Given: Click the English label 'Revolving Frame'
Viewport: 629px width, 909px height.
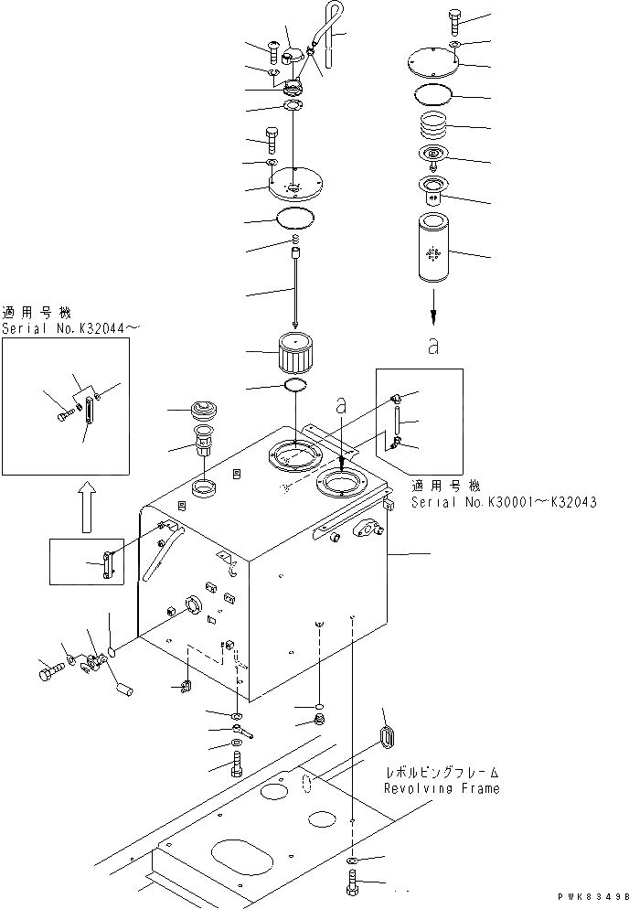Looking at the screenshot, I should tap(442, 788).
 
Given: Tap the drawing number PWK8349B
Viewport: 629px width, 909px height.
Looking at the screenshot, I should tap(593, 900).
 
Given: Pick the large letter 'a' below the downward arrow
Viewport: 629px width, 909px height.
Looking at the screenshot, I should tap(433, 346).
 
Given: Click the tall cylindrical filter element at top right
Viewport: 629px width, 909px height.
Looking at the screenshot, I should tap(434, 245).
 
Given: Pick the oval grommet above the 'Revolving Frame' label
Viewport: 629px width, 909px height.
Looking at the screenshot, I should tap(388, 737).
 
